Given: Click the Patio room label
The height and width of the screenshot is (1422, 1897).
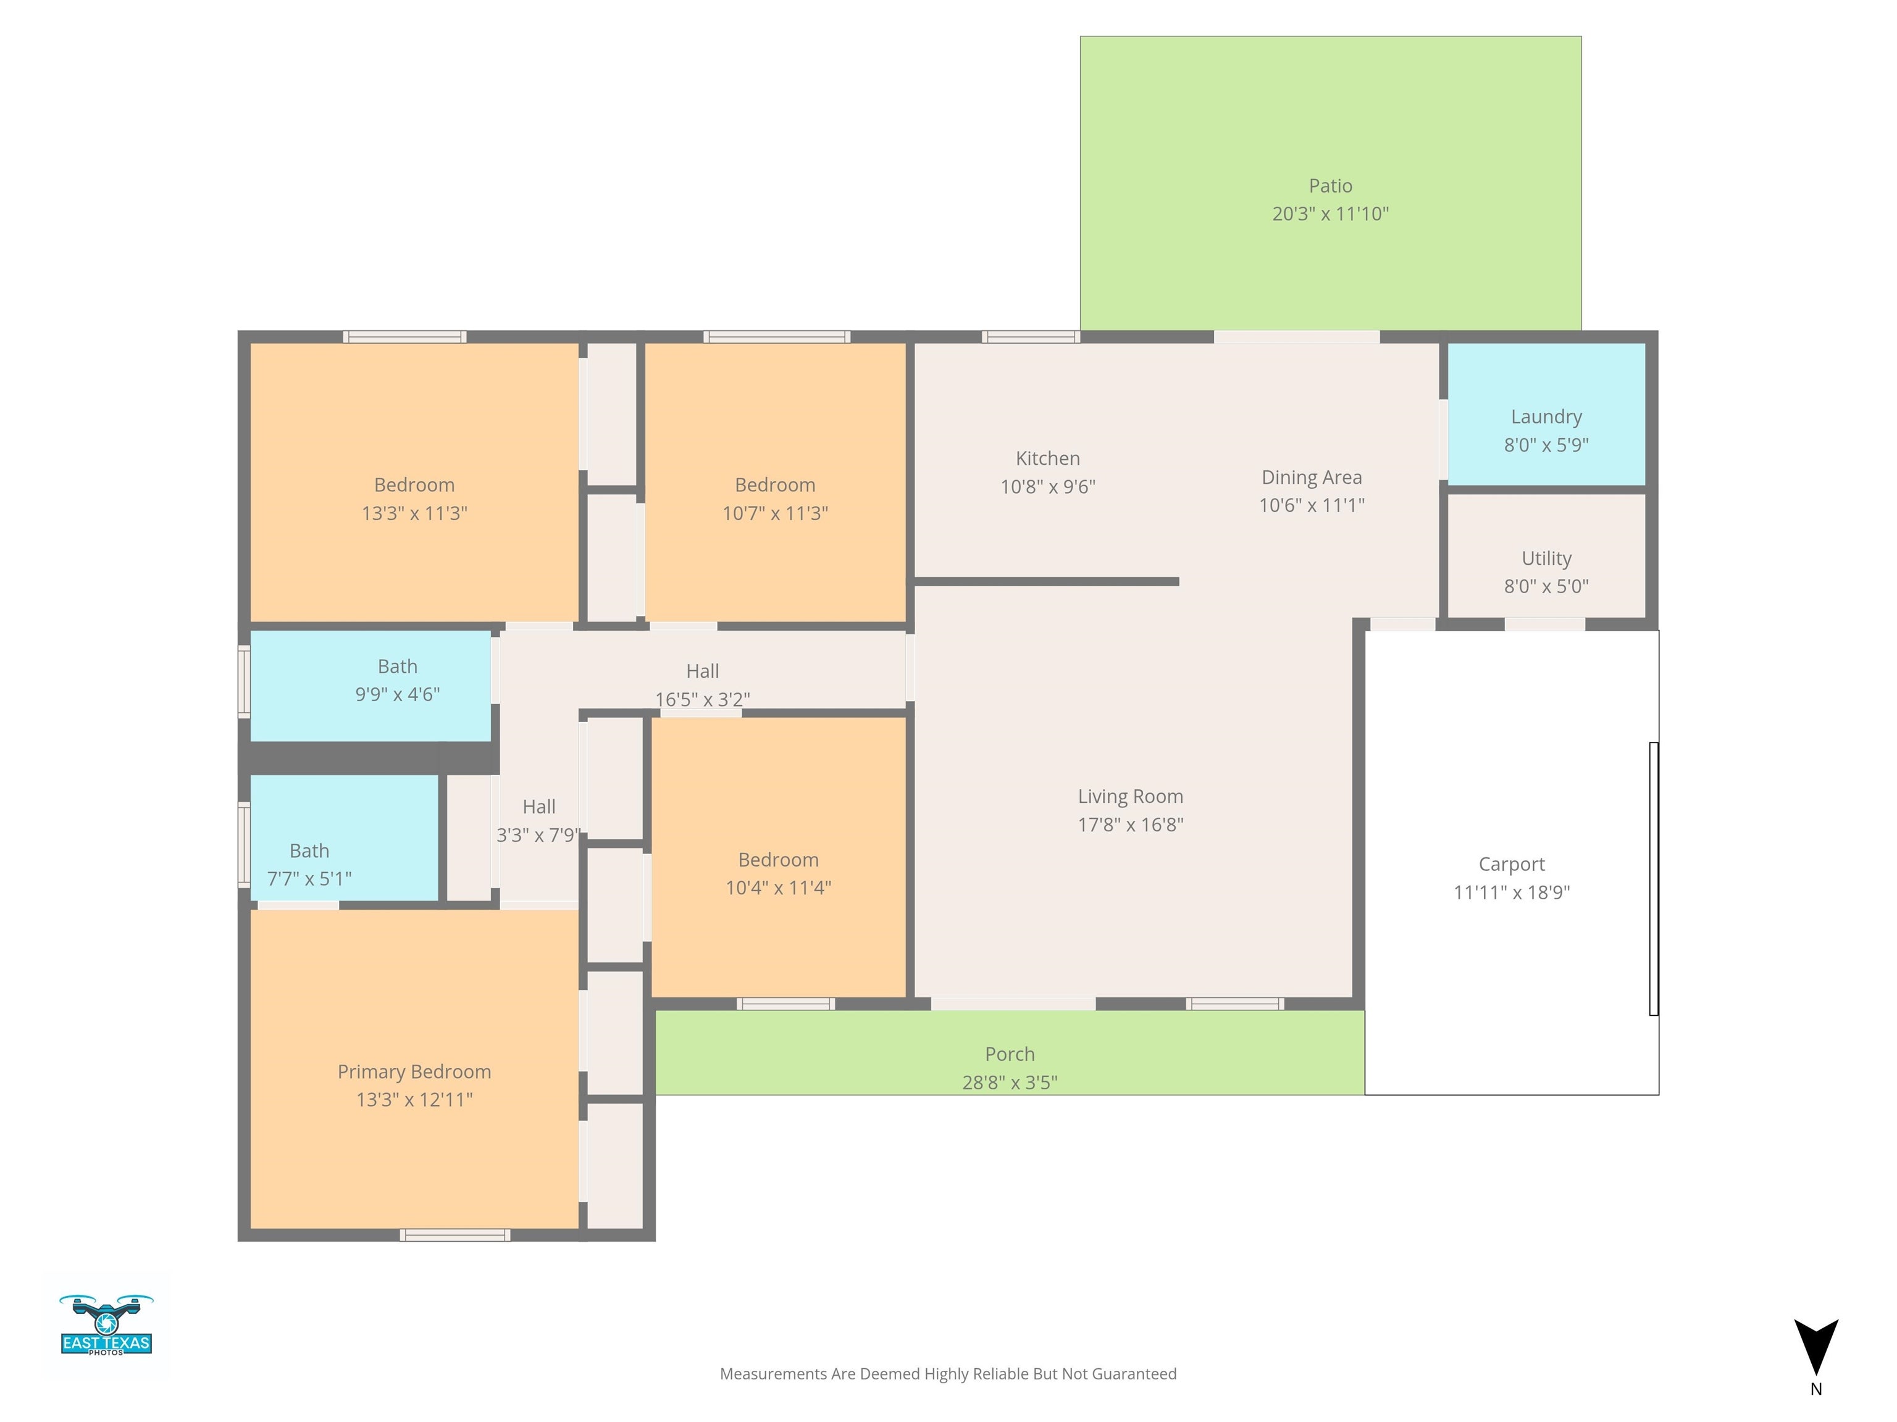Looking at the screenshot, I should pos(1330,186).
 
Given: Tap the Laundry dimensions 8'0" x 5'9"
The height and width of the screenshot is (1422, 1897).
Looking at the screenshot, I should pos(1546,445).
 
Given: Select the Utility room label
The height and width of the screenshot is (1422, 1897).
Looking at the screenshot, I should pos(1546,558).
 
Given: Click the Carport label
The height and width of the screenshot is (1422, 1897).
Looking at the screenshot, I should pos(1510,864).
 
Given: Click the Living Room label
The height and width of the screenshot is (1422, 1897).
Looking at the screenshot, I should pos(1129,796).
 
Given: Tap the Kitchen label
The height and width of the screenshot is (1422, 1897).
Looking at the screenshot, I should pos(1047,459).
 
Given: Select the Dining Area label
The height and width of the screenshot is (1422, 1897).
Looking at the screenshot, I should pos(1310,478).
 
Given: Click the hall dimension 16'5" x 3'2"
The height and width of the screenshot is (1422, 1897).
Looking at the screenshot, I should pos(701,699).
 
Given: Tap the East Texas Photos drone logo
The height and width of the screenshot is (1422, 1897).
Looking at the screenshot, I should pos(106,1324).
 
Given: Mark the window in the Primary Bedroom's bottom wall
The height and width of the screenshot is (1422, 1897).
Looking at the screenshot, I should pos(454,1234).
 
